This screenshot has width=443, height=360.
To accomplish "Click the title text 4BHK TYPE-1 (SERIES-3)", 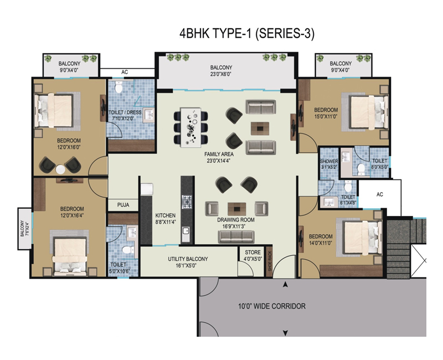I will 246,33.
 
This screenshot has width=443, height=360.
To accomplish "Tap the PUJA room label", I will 123,205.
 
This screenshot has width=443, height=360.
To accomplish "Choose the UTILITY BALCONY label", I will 188,262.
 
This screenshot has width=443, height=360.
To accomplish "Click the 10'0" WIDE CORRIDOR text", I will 272,306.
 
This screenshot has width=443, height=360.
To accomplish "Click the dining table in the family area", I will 192,124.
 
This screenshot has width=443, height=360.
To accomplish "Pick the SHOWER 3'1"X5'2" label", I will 328,164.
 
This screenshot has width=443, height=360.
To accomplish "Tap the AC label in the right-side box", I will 379,194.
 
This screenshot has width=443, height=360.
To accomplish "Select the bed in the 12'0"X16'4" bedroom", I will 69,250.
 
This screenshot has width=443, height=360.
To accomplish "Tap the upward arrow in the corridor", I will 285,285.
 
